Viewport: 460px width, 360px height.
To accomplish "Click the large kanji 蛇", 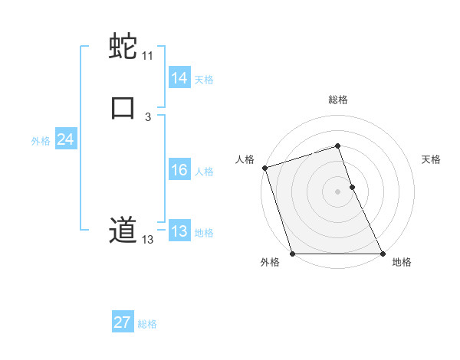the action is pos(123,47).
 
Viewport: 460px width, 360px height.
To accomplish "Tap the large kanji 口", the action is pos(123,106).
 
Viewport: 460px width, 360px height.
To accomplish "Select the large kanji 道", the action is pos(123,230).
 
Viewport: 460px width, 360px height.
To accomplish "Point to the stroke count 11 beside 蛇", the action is pos(147,56).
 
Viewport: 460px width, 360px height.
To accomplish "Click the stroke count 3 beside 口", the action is pos(148,116).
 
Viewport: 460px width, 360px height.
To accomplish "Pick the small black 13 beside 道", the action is pos(147,240).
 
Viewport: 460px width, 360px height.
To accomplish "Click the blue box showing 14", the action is pos(179,78).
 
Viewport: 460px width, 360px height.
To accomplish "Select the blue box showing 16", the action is pos(179,171).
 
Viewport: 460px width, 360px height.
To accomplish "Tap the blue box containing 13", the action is pos(179,231).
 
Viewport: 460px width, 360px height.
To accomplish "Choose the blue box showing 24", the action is pos(66,139).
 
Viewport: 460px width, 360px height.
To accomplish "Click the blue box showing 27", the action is pos(123,322).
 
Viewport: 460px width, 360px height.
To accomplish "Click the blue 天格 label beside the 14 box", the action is pos(204,79).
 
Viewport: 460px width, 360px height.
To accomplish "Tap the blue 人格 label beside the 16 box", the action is pos(204,172).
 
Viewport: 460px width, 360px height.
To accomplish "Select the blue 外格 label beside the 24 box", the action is pos(41,141).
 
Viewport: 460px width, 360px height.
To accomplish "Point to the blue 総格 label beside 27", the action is pos(147,324).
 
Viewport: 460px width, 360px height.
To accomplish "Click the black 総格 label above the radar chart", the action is pos(337,100).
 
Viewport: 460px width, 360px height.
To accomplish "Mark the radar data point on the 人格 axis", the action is pos(264,168).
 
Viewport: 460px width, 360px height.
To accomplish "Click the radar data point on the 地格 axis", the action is pos(383,254).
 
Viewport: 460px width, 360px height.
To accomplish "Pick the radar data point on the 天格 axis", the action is pos(352,187).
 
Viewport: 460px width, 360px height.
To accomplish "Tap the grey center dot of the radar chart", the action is pos(337,191).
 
